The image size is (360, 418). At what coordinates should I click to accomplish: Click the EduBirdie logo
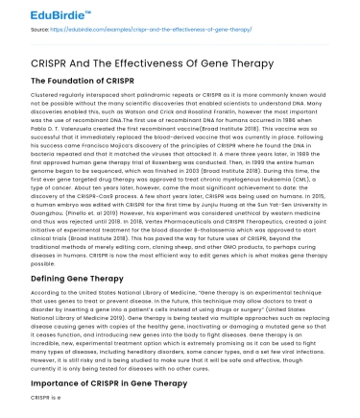[39, 14]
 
